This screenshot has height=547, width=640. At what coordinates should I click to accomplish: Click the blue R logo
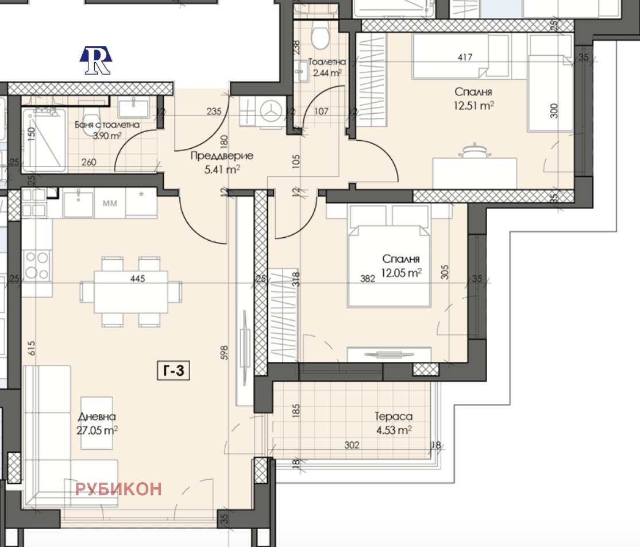coord(96,60)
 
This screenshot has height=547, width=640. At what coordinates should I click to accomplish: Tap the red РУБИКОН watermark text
coord(118,489)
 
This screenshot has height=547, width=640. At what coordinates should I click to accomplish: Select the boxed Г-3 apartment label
coord(174,371)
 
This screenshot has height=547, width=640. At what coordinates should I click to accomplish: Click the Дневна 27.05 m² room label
coord(97,423)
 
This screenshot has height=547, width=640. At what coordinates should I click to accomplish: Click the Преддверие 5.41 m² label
coord(222,162)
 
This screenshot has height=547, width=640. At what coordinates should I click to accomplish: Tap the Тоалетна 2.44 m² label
coord(326,67)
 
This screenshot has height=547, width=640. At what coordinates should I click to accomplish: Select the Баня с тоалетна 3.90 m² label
coord(107,130)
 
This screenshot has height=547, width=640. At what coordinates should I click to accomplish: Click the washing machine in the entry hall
coord(271,110)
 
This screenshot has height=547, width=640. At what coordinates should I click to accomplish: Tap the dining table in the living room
coord(130,291)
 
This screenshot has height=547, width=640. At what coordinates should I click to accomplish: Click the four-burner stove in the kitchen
coord(37,265)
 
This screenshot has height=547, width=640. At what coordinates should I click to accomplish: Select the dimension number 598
coord(224,353)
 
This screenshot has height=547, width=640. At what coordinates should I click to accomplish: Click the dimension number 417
coord(465,57)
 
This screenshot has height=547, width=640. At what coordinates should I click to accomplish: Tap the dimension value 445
coord(137,279)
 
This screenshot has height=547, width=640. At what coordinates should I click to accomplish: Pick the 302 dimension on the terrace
coord(352,445)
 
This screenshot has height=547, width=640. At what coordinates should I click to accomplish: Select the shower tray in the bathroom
coord(44,140)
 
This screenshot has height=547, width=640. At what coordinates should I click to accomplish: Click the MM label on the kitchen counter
coord(110,203)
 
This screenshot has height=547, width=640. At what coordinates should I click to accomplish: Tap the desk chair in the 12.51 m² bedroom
coord(475,152)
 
